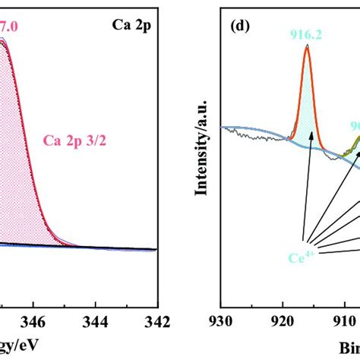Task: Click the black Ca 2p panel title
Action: (x=131, y=36)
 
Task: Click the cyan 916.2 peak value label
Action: (x=306, y=33)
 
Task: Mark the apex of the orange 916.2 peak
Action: (x=307, y=46)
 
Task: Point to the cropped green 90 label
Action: (x=354, y=128)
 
